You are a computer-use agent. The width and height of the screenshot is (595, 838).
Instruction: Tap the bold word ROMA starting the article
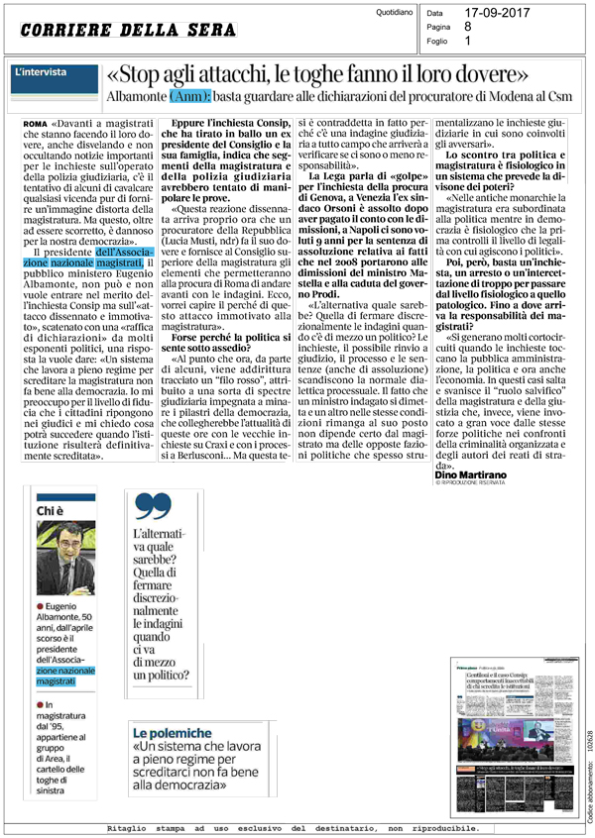pyautogui.click(x=33, y=121)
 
